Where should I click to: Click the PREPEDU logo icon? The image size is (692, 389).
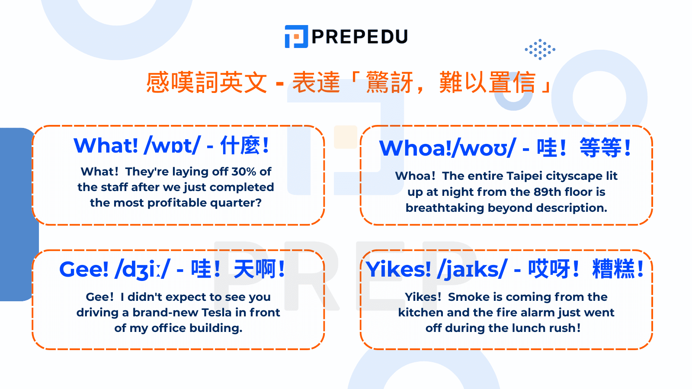click(x=296, y=37)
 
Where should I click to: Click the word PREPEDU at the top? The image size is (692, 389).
click(x=359, y=37)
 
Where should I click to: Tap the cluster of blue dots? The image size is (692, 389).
click(x=540, y=49)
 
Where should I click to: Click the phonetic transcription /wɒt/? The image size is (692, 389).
click(x=172, y=145)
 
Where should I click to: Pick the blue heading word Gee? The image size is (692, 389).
click(x=84, y=269)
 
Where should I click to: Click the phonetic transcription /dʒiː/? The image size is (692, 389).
click(x=142, y=269)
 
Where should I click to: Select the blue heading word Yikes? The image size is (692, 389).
click(x=398, y=269)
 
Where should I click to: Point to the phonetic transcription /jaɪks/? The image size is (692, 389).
click(x=472, y=269)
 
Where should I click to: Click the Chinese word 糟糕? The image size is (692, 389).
click(x=613, y=269)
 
